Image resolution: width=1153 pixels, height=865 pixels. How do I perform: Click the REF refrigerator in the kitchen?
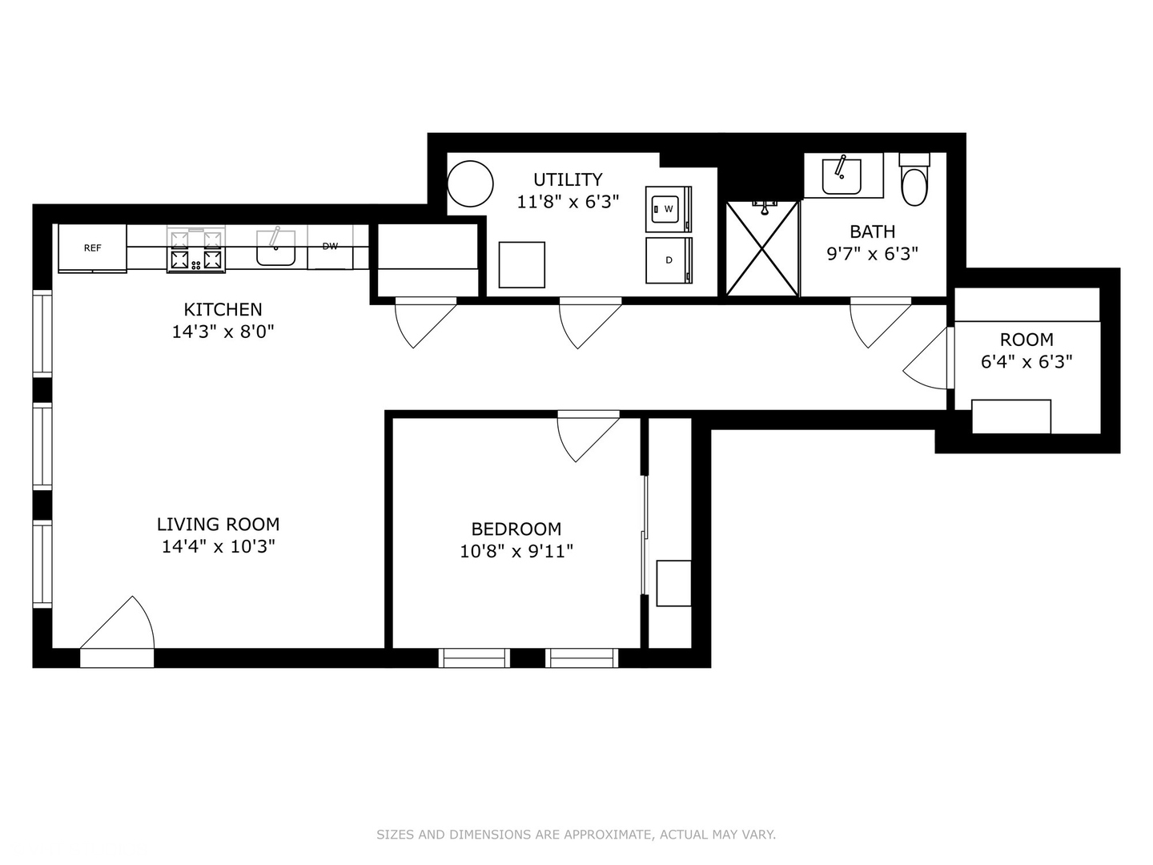tap(92, 248)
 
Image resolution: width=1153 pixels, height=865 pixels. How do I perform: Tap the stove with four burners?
tap(196, 250)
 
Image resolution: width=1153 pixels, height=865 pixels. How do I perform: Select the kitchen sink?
tap(276, 249)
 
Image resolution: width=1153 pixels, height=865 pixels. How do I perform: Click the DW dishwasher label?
tap(330, 247)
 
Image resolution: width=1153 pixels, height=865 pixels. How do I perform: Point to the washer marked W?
tap(668, 209)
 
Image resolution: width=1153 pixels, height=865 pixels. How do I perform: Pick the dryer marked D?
tap(668, 260)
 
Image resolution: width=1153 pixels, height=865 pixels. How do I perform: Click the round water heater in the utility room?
tap(470, 184)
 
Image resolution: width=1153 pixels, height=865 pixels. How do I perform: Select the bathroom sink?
tap(842, 175)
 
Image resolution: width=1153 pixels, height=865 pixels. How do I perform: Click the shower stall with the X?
tap(762, 249)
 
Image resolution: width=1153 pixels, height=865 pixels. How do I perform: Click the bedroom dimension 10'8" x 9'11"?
tap(516, 551)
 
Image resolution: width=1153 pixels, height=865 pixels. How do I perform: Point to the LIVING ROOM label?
tap(218, 525)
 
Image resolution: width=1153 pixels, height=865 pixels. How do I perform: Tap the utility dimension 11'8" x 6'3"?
tap(568, 202)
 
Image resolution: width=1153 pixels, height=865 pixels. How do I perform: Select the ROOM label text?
tap(1026, 340)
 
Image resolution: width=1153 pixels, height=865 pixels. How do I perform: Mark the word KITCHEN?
tap(223, 309)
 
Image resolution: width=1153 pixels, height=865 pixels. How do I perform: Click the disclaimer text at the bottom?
tap(576, 835)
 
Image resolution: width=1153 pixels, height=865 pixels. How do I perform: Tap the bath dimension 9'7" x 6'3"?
tap(872, 254)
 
